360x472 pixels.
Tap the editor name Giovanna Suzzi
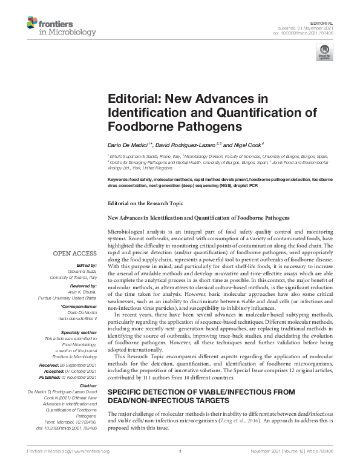pyautogui.click(x=84, y=271)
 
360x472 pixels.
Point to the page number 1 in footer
pyautogui.click(x=180, y=468)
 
